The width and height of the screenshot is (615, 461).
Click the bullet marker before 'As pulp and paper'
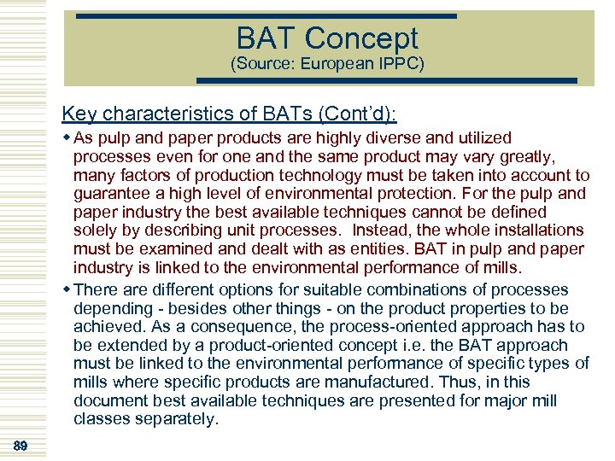[x=67, y=138]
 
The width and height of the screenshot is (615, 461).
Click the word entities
[x=369, y=249]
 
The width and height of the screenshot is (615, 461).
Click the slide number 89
[x=20, y=446]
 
